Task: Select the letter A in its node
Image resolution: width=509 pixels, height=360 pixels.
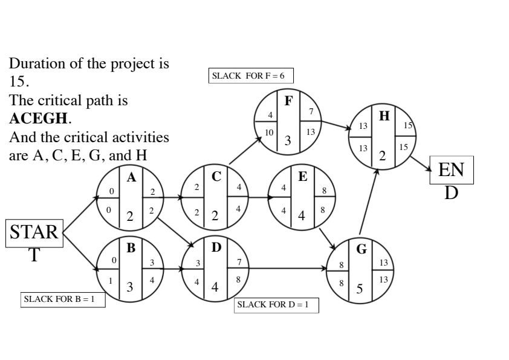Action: coord(131,177)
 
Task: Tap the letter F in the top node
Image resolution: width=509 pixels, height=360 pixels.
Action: coord(288,101)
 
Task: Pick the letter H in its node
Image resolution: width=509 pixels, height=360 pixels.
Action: coord(384,117)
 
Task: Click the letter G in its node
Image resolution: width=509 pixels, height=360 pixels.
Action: coord(361,250)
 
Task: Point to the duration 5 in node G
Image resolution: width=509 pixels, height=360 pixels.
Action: coord(360,288)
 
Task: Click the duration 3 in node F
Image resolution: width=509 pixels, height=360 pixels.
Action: coord(288,141)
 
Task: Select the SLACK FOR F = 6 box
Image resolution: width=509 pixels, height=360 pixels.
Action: coord(251,76)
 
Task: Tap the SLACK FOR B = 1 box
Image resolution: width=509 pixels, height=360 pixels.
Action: coord(63,299)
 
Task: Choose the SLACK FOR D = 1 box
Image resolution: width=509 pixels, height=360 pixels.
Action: coord(276,304)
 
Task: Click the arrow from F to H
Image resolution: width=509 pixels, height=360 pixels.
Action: coord(336,125)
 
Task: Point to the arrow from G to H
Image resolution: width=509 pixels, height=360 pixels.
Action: coord(369,203)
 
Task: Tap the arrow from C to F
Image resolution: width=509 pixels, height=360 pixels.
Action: coord(245,151)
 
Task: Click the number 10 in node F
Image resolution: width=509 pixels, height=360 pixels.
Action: coord(269,132)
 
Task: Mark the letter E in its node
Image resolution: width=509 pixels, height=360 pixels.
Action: coord(302,177)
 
